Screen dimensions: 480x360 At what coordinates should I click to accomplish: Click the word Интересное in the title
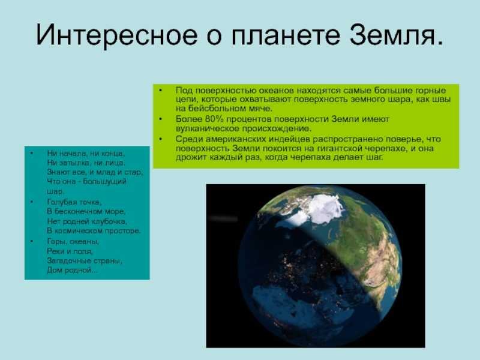pyautogui.click(x=116, y=35)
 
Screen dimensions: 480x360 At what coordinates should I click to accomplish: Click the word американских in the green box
pyautogui.click(x=236, y=139)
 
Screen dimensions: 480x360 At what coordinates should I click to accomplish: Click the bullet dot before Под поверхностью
pyautogui.click(x=161, y=91)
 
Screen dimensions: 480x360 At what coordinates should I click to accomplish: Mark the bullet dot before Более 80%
pyautogui.click(x=161, y=119)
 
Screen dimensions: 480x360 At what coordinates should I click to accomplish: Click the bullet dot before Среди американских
pyautogui.click(x=161, y=139)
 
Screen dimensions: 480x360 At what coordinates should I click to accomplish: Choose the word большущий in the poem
pyautogui.click(x=104, y=182)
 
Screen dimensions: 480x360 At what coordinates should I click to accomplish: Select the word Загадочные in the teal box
pyautogui.click(x=68, y=261)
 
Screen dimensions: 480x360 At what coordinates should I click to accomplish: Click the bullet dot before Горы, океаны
pyautogui.click(x=32, y=242)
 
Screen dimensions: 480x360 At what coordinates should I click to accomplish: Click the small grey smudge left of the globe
pyautogui.click(x=223, y=218)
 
